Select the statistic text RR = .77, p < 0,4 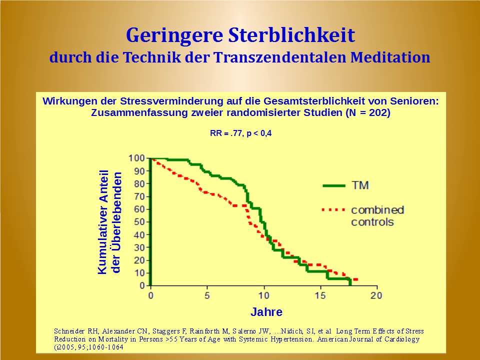click(240, 133)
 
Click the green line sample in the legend click(333, 185)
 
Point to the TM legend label click(360, 185)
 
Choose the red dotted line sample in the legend click(333, 209)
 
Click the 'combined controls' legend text click(377, 215)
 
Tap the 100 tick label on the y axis click(137, 158)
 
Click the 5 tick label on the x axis click(207, 295)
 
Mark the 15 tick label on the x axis click(320, 295)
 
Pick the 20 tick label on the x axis click(376, 295)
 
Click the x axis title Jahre click(266, 312)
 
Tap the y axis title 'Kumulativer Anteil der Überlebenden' click(109, 222)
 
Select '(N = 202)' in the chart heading click(367, 112)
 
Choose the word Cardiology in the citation click(399, 339)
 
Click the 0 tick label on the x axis click(151, 295)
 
